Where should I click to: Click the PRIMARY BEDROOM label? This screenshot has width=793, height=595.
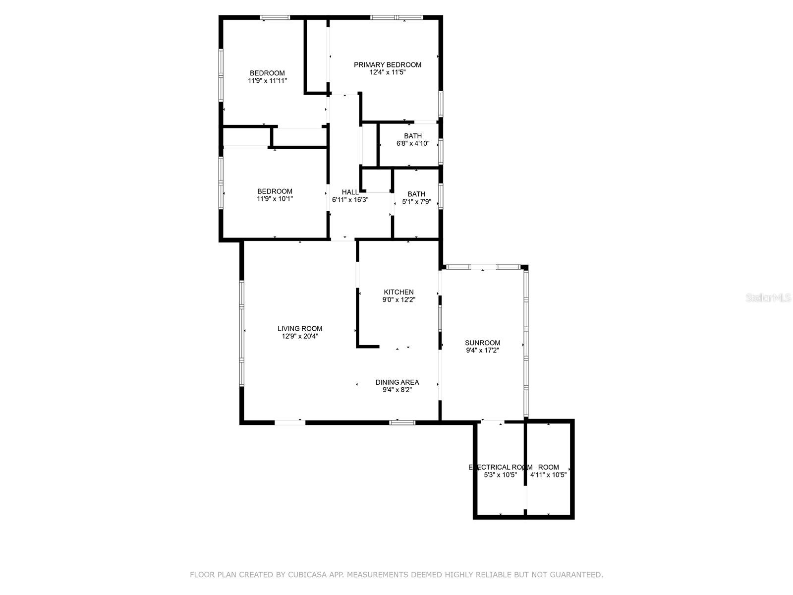[x=387, y=64]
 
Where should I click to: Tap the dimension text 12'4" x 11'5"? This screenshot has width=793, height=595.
[x=387, y=72]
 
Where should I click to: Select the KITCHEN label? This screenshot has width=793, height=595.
[x=398, y=292]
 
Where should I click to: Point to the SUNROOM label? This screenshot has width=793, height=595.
[x=482, y=343]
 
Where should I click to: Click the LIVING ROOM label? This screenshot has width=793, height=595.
[x=300, y=328]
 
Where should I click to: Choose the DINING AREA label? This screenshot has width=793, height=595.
[x=397, y=382]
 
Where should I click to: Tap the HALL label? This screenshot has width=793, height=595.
[x=350, y=192]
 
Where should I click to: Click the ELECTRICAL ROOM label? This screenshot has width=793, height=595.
[x=500, y=467]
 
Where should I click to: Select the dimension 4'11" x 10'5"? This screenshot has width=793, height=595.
[x=548, y=475]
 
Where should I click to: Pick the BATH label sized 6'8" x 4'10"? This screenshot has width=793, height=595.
[x=413, y=136]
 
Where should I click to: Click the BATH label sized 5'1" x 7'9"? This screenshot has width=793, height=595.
[x=416, y=194]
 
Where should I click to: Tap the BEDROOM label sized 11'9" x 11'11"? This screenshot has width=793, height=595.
[x=267, y=73]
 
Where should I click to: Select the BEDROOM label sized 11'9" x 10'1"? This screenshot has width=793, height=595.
[x=275, y=191]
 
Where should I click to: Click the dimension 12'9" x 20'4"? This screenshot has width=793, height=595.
[x=300, y=336]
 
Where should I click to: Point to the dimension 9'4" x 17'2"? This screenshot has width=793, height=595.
[x=482, y=350]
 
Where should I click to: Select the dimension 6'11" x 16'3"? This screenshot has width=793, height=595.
[x=350, y=200]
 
